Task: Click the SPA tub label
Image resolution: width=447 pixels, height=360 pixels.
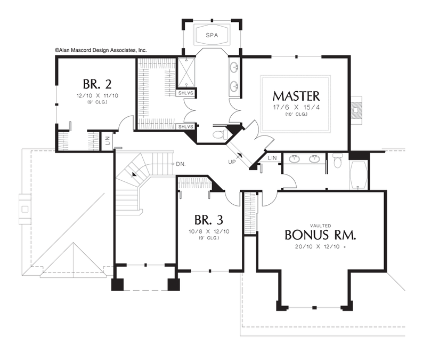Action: tap(212, 35)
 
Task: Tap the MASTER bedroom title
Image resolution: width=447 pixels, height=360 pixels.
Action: tap(296, 96)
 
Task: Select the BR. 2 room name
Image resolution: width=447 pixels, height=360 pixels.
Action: tap(97, 84)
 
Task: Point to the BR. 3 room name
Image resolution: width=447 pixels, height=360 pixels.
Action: tap(209, 220)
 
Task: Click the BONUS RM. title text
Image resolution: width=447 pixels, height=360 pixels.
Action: tap(321, 235)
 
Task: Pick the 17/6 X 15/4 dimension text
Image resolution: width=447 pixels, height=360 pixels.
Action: tap(296, 108)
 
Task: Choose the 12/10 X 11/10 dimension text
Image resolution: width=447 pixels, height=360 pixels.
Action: tap(97, 95)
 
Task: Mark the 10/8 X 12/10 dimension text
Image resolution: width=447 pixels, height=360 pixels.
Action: tap(209, 231)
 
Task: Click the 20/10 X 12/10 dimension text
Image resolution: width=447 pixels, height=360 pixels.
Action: tap(320, 247)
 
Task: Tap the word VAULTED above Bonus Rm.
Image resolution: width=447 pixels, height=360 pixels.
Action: tap(321, 226)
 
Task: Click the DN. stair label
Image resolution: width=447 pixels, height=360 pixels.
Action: tap(181, 164)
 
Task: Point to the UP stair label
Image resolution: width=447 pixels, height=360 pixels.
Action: tap(232, 162)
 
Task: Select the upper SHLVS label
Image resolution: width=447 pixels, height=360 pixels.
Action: tap(186, 93)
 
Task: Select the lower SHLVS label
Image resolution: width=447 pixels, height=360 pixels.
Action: tap(186, 126)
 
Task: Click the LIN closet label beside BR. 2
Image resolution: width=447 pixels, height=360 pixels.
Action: tap(108, 140)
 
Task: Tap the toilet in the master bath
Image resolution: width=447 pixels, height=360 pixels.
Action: tap(221, 134)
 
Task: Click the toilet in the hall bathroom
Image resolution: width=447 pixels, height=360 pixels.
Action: tap(338, 161)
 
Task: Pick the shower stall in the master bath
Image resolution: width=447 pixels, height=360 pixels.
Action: tap(186, 73)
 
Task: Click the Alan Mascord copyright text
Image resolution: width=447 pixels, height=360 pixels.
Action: tap(101, 50)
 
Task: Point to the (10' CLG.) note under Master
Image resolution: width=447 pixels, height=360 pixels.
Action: tap(296, 114)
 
